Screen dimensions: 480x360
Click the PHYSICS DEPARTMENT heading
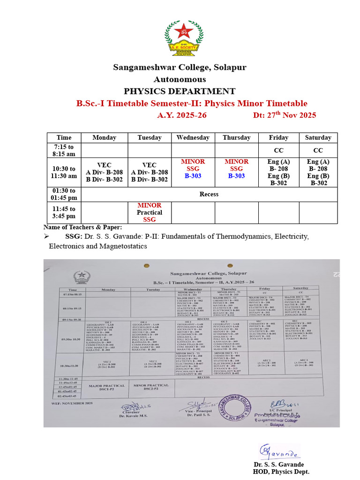(x=180, y=91)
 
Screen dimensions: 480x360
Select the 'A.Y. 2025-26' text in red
(x=181, y=115)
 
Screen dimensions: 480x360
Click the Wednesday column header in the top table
(x=193, y=138)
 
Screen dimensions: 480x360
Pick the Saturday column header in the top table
(x=318, y=138)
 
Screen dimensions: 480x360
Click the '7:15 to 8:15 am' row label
(x=64, y=150)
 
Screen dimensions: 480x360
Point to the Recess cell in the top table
(x=209, y=194)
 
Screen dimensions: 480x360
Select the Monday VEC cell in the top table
(x=104, y=172)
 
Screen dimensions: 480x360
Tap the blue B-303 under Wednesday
(x=193, y=176)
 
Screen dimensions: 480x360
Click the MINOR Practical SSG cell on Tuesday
(x=150, y=212)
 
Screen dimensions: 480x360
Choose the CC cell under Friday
(x=278, y=150)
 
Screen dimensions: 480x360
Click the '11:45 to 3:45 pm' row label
(x=64, y=212)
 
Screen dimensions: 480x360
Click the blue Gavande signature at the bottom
(x=279, y=453)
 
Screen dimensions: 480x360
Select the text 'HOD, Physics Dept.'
(x=281, y=472)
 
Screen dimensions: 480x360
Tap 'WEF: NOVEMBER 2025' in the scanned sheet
(x=73, y=403)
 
